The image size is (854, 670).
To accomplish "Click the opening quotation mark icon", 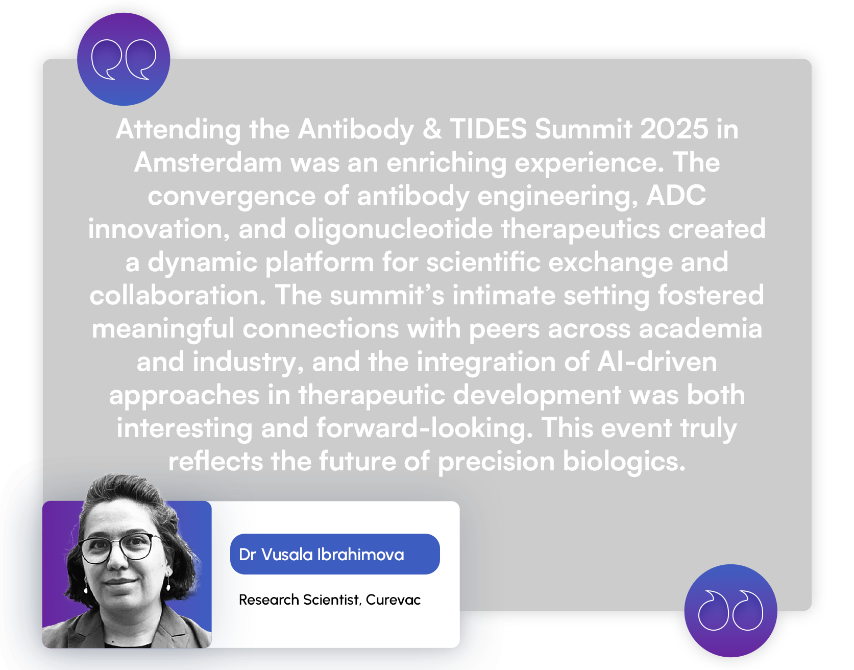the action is (x=124, y=59).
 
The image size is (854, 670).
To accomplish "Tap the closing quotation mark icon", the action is (x=730, y=610).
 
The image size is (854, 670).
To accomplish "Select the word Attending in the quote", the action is (x=178, y=130).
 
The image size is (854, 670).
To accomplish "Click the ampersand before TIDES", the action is (x=432, y=129).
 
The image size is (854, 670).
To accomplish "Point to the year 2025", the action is (x=674, y=129).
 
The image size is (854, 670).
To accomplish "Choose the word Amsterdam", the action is (x=208, y=162).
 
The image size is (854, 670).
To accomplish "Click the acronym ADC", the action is (x=676, y=196).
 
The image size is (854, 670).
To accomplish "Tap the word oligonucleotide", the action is (x=394, y=230).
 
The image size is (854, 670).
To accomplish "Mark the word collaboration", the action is (x=178, y=295).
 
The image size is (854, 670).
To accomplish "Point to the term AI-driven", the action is (x=657, y=362).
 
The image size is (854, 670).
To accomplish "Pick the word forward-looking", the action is (x=425, y=429).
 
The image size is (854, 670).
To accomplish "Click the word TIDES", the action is (x=488, y=129).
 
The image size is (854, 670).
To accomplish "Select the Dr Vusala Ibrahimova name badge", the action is (x=335, y=554).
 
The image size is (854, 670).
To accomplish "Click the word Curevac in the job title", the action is (x=393, y=600).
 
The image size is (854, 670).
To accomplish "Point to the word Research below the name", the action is (x=269, y=600).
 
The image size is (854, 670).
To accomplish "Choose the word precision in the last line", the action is (x=496, y=462).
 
